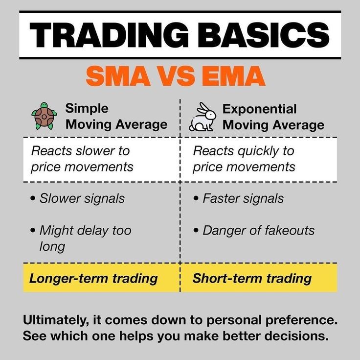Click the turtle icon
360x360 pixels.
pyautogui.click(x=44, y=116)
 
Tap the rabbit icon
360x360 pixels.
pyautogui.click(x=202, y=117)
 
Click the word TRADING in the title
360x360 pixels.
pyautogui.click(x=109, y=35)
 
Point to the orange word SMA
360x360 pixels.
pyautogui.click(x=118, y=76)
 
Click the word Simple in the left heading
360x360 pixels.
pyautogui.click(x=87, y=108)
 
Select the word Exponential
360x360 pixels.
pyautogui.click(x=259, y=109)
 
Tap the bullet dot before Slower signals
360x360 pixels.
pyautogui.click(x=33, y=198)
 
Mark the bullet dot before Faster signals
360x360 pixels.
pyautogui.click(x=196, y=198)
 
